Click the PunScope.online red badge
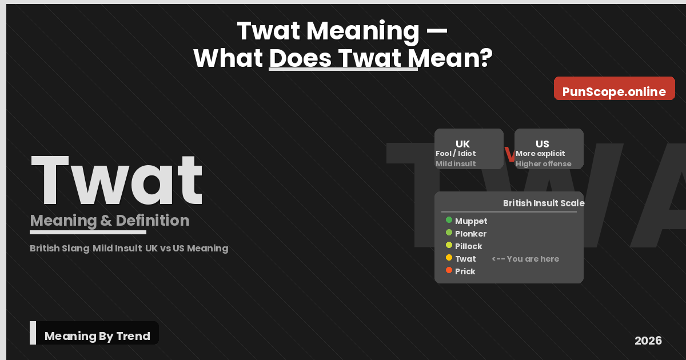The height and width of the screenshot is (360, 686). pyautogui.click(x=614, y=91)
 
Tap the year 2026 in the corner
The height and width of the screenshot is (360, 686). pyautogui.click(x=648, y=341)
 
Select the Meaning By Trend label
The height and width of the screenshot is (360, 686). pyautogui.click(x=97, y=336)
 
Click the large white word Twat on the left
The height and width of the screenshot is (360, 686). pyautogui.click(x=117, y=180)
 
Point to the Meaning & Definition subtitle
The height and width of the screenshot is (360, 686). pyautogui.click(x=109, y=221)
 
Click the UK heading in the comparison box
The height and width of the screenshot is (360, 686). pyautogui.click(x=462, y=144)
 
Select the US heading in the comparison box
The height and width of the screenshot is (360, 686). pyautogui.click(x=542, y=144)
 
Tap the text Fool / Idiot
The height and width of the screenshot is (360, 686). pyautogui.click(x=456, y=154)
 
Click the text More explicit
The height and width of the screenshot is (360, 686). pyautogui.click(x=540, y=154)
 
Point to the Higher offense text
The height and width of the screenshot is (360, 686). pyautogui.click(x=543, y=164)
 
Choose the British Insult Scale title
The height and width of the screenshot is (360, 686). pyautogui.click(x=543, y=203)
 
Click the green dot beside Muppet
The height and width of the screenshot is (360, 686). pyautogui.click(x=449, y=220)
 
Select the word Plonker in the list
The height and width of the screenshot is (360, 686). pyautogui.click(x=470, y=234)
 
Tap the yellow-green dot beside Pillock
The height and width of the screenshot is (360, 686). pyautogui.click(x=449, y=245)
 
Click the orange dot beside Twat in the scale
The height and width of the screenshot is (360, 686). pyautogui.click(x=449, y=258)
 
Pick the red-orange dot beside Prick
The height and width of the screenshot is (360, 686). pyautogui.click(x=449, y=270)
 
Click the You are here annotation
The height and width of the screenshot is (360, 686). pyautogui.click(x=525, y=259)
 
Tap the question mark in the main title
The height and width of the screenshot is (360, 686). pyautogui.click(x=485, y=58)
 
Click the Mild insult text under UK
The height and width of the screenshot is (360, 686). pyautogui.click(x=456, y=164)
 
